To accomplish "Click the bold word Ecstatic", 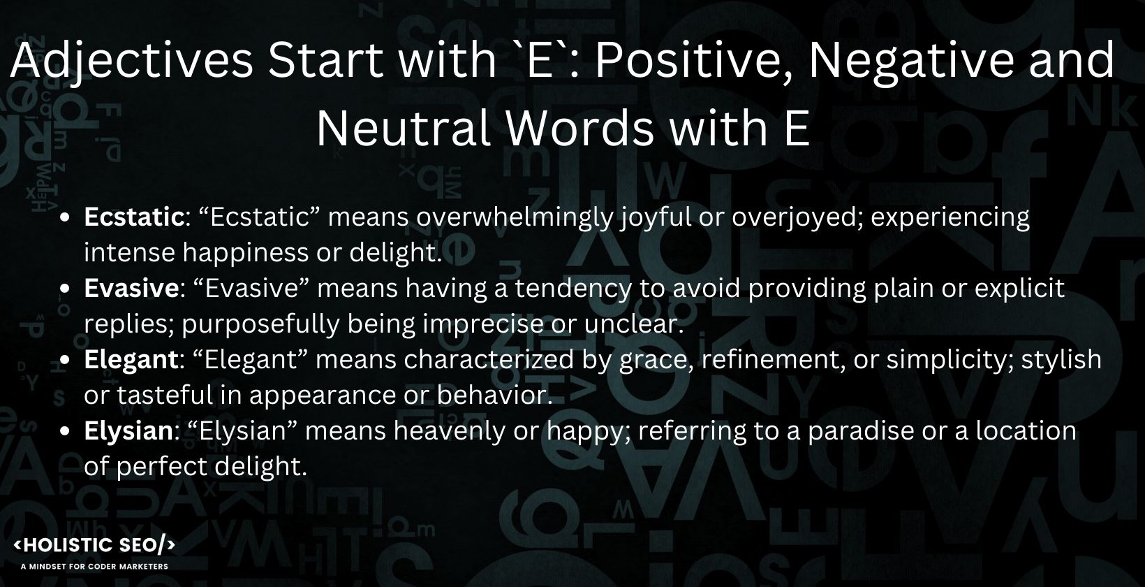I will (x=133, y=217).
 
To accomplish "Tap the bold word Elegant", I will (x=131, y=360).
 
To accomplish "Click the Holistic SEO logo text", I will (x=95, y=546).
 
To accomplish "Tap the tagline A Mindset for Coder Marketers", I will (x=95, y=566).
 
